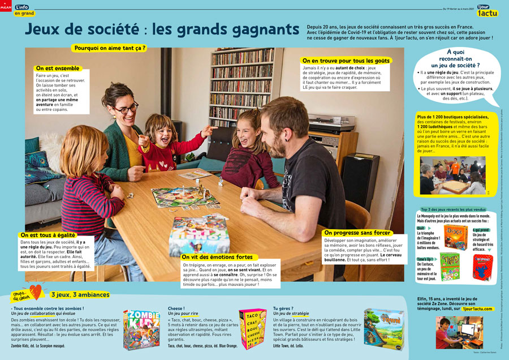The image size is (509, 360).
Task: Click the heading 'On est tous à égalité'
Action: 49,235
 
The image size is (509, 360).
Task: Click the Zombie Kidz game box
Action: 141,329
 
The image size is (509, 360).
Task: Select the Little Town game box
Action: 383,327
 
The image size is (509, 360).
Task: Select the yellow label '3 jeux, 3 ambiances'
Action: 80,294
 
